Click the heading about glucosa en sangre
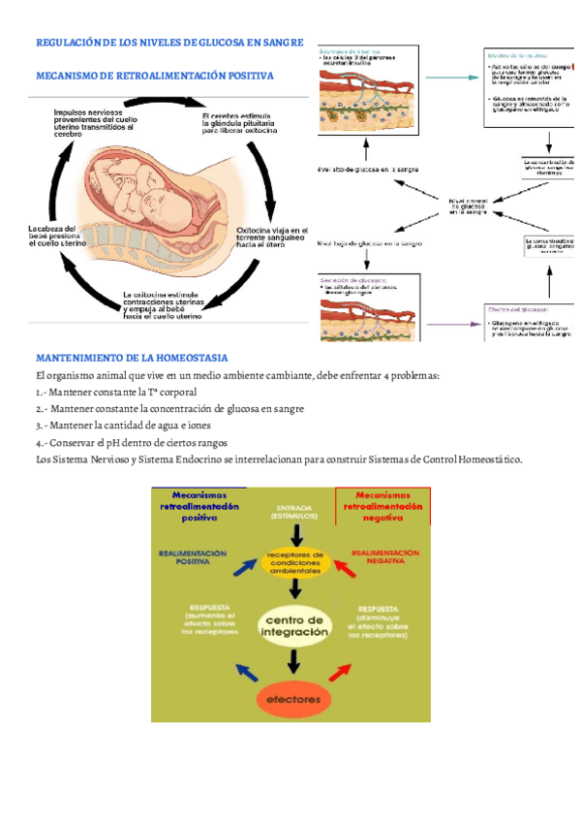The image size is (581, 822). pos(169,43)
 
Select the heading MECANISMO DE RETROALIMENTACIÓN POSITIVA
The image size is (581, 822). pos(154,75)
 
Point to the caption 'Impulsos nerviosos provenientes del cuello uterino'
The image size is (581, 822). pos(94,122)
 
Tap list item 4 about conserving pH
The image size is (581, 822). pos(131,442)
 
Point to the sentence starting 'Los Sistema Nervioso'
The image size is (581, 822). pos(278,458)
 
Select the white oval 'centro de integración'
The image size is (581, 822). pos(294,625)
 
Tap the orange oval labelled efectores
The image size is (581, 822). pos(294,698)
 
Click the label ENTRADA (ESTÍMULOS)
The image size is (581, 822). pos(294,512)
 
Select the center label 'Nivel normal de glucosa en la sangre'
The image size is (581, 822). pos(467,205)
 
